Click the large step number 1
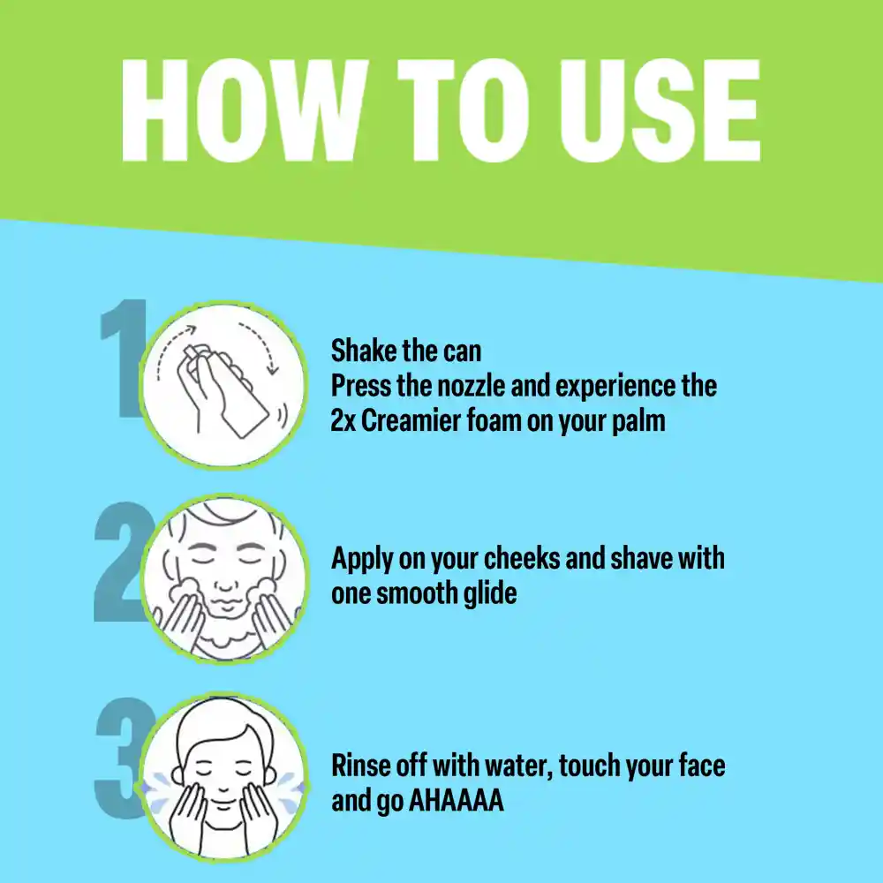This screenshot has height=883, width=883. click(123, 358)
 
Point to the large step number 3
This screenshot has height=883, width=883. click(121, 758)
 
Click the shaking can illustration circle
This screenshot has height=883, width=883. click(223, 385)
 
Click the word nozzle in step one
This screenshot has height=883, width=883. click(471, 386)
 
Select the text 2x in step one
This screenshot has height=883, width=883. click(343, 420)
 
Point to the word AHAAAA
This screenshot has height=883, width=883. click(457, 800)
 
